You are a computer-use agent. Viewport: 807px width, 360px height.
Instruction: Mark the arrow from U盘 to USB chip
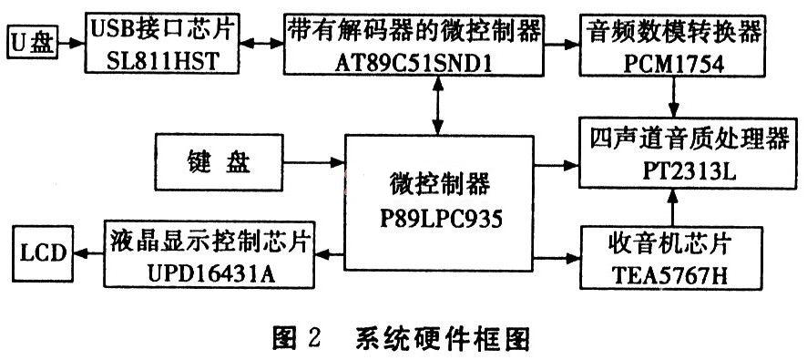72,42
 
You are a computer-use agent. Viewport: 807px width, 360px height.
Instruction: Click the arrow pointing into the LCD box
87,255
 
